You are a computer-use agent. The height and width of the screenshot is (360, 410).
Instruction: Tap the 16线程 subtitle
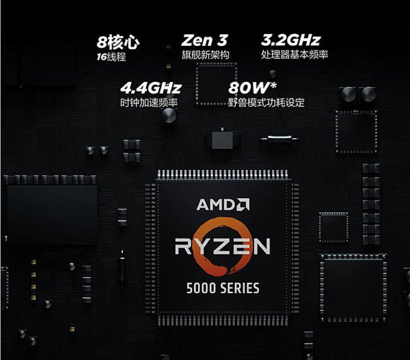click(111, 57)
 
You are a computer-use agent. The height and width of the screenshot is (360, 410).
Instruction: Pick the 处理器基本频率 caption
click(295, 55)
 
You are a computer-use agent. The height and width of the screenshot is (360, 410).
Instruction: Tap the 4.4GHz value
click(150, 89)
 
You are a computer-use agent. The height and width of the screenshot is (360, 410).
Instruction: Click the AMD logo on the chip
click(223, 204)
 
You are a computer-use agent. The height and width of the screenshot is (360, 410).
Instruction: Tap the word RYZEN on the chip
click(223, 246)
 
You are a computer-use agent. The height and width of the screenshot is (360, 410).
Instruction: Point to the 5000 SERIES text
click(223, 288)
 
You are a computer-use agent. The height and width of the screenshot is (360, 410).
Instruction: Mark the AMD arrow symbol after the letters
click(243, 204)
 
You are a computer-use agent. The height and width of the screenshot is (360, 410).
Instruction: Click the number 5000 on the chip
click(200, 288)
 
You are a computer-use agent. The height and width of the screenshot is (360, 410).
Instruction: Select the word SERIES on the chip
click(238, 288)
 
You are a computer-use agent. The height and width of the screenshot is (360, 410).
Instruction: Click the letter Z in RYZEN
click(222, 246)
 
